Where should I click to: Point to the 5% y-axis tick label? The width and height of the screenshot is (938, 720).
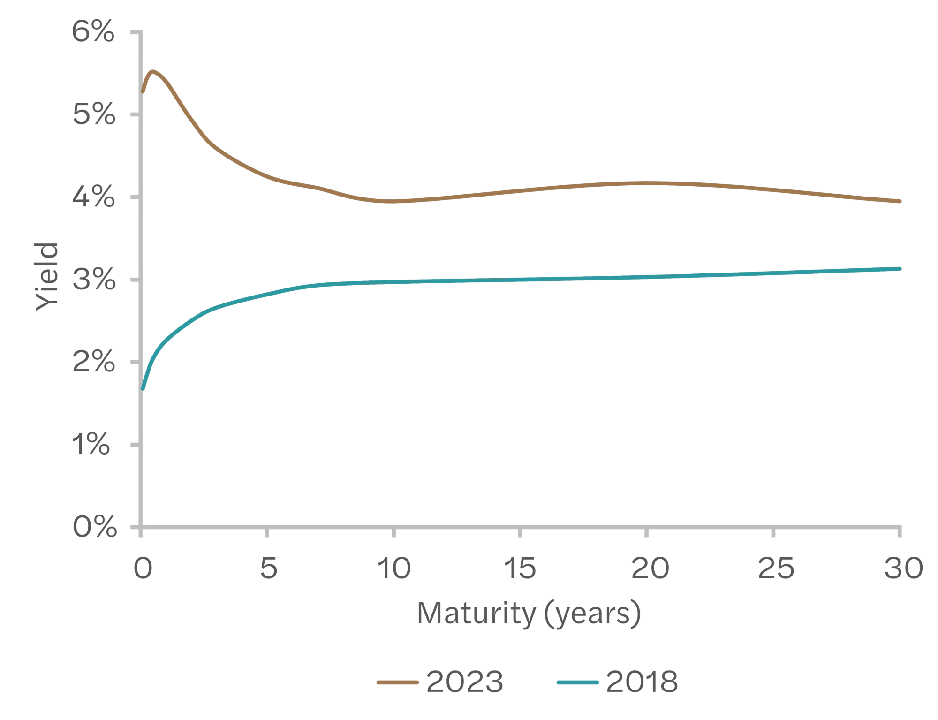click(93, 114)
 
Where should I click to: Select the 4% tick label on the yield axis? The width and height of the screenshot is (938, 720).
click(93, 197)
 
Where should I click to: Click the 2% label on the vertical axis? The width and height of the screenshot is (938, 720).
click(93, 362)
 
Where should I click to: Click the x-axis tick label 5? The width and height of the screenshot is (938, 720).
click(268, 568)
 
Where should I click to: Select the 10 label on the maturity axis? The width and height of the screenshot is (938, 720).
click(394, 568)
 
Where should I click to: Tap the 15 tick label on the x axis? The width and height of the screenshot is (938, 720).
click(520, 568)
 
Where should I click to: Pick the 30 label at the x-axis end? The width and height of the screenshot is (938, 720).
click(903, 568)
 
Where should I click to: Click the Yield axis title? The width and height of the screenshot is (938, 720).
click(47, 277)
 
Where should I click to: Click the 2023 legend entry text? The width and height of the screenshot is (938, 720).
click(464, 682)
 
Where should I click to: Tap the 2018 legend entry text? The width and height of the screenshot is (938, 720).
click(642, 682)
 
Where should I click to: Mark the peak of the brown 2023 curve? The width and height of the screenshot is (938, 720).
click(152, 71)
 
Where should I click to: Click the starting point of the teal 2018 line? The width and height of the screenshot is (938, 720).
click(143, 388)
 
